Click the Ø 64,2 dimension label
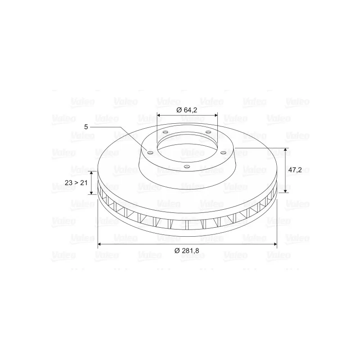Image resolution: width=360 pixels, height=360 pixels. tap(187, 110)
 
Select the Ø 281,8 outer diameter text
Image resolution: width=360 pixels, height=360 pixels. tap(187, 251)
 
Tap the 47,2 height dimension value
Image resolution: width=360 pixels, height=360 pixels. tap(295, 170)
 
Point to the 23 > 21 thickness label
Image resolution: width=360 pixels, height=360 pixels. tap(76, 183)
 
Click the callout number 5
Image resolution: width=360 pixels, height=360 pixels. tap(86, 127)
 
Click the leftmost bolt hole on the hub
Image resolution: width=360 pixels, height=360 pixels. tap(150, 153)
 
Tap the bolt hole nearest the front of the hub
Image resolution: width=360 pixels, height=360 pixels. tap(187, 166)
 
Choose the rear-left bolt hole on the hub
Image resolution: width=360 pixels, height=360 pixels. tap(165, 132)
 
